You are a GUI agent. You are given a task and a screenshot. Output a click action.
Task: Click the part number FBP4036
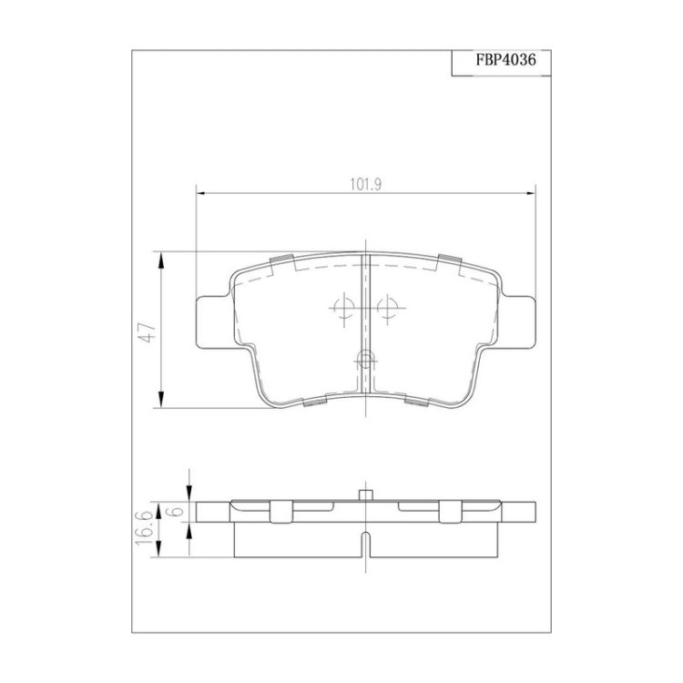coord(505,60)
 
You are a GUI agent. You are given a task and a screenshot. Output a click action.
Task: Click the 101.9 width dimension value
coord(366,185)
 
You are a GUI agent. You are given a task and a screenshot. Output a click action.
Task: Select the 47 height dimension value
coord(150,332)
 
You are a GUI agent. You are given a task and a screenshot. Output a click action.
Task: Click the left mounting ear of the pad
coord(211,322)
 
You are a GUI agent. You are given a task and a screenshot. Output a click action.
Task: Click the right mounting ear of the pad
coord(519,322)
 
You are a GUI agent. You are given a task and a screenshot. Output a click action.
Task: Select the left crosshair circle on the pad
coord(344,308)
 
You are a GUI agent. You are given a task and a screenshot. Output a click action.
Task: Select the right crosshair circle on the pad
coord(387,308)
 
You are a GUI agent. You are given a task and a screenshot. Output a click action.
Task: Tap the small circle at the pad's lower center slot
coord(365,361)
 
